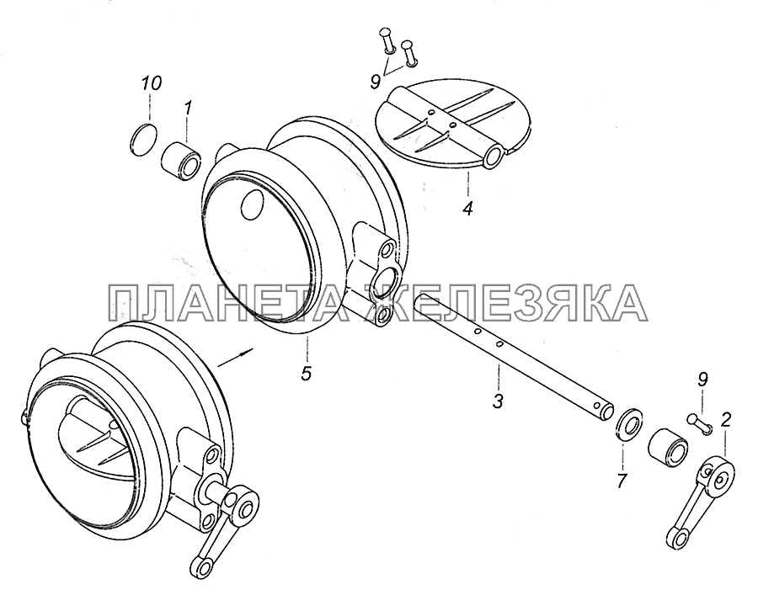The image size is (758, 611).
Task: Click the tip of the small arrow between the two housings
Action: click(253, 348)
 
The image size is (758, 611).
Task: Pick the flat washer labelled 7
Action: click(630, 423)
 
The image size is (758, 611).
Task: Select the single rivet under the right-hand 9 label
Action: click(698, 422)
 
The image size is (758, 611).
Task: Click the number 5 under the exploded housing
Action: click(306, 374)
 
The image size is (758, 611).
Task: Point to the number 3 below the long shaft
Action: click(499, 401)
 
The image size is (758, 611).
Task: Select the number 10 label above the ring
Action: click(151, 83)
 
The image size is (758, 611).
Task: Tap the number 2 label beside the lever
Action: click(725, 420)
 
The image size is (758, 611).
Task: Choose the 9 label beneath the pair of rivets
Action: click(376, 81)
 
